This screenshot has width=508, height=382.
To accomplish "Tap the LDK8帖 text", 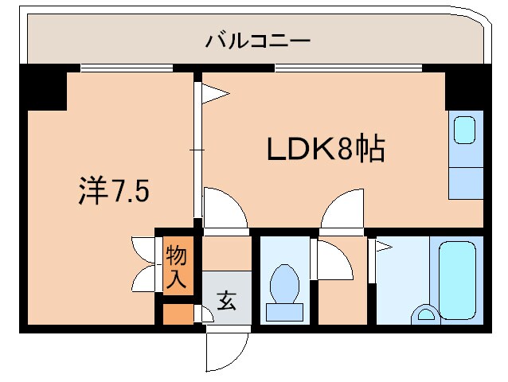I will click(x=324, y=149).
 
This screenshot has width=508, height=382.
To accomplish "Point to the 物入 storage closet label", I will click(x=176, y=267).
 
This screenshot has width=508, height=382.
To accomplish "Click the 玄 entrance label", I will click(x=225, y=301).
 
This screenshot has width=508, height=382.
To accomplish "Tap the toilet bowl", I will click(x=284, y=283).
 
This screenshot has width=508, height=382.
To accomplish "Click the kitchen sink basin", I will click(x=465, y=130).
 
